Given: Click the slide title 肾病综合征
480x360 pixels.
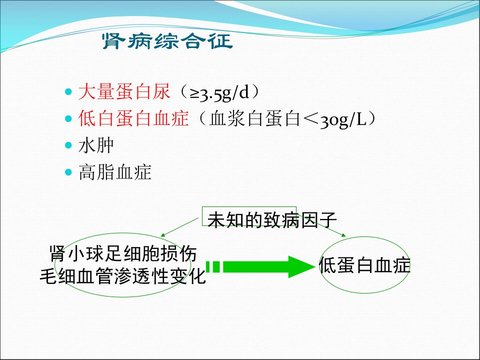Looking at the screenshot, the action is pos(167,41).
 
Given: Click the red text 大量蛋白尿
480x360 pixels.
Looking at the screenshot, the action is pos(124,91).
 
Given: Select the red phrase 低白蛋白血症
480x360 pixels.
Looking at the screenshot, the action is pos(133,118).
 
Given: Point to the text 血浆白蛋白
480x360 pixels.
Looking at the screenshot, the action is pos(254,118).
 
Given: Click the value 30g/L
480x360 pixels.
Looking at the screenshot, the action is pos(343,119).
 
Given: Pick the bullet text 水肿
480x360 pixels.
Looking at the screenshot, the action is pos(96,145).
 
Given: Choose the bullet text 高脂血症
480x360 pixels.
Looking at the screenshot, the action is pos(115,172).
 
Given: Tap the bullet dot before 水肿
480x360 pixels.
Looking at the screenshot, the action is pos(68,145).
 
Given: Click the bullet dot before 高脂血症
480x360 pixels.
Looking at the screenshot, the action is pos(68,172).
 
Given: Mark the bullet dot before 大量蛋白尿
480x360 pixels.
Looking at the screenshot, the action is pos(68,91).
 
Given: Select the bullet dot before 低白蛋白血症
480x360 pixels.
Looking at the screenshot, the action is pos(68,118).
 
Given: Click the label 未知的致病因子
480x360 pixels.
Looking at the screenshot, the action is pos(272,220).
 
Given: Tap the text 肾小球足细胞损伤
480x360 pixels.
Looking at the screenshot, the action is pos(123,253).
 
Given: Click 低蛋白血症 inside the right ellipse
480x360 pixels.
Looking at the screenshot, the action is pos(364,265).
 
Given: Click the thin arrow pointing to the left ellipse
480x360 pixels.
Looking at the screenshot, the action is pos(179,227).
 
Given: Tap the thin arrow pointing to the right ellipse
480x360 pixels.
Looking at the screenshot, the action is pos(321,225).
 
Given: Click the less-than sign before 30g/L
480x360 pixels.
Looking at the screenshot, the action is pos(310,119).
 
